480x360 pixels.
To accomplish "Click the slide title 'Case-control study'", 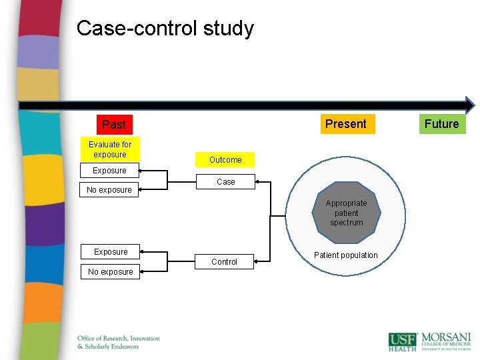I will (x=165, y=29).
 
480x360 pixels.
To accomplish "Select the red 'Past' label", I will (x=114, y=124).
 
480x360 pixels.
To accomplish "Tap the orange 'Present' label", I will (x=345, y=123).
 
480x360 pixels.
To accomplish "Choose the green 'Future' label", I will (x=441, y=123).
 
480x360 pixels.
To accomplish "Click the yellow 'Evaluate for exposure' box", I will (x=110, y=149).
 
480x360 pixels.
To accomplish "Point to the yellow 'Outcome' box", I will (x=225, y=160).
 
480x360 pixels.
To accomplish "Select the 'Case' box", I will (x=225, y=181).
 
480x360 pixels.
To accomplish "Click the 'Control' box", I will (x=224, y=262).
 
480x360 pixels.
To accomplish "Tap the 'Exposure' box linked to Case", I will (x=110, y=171).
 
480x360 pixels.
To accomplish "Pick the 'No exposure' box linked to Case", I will (x=109, y=190).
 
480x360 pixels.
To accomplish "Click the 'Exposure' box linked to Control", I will (x=111, y=251).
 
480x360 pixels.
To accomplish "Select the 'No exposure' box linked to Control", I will (x=111, y=271).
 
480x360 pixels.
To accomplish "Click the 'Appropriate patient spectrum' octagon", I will (x=347, y=213).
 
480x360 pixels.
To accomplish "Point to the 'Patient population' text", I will (x=345, y=255).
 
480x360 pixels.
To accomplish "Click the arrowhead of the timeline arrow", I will (x=469, y=105).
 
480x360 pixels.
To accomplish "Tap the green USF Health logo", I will (x=402, y=341).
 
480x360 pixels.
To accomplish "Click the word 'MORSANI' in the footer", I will (x=445, y=338).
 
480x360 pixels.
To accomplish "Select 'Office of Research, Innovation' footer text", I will (x=119, y=338).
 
